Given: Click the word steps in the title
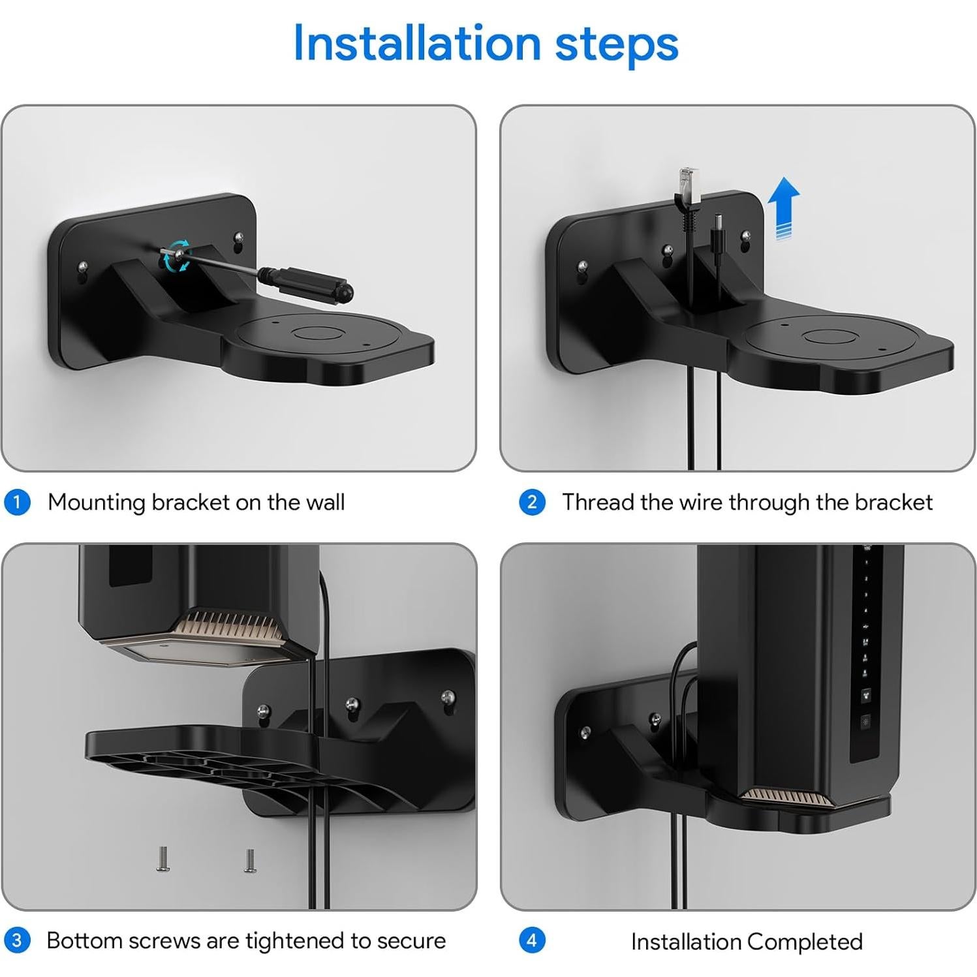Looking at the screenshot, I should (x=616, y=44).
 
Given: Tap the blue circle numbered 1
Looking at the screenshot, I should (x=17, y=503).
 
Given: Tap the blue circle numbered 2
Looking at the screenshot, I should (x=532, y=503).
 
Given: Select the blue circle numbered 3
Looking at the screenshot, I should (x=17, y=940).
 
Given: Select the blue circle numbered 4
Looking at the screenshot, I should (x=532, y=940).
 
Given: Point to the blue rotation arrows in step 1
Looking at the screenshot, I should (x=177, y=255).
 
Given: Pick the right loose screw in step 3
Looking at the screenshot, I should (x=250, y=860).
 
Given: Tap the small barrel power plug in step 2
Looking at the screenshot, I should (x=717, y=225).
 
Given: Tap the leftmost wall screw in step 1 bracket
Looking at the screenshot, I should (x=83, y=268).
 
